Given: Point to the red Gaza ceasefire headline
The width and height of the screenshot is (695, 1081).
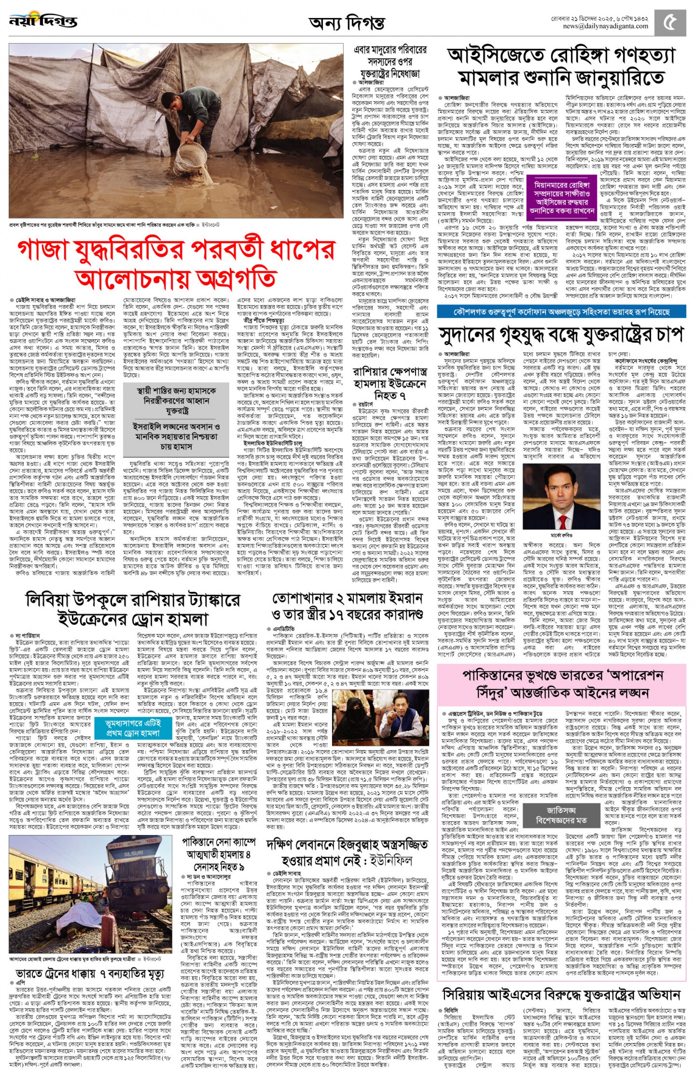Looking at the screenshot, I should point(176,264).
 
